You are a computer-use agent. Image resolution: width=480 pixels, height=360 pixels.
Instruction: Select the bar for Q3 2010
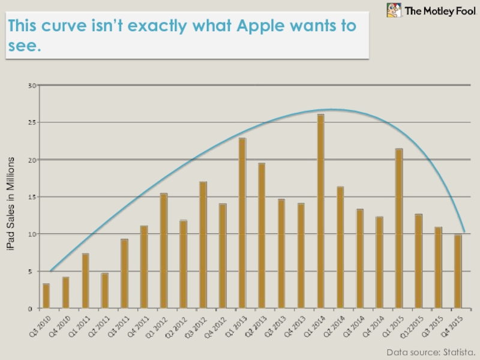[46, 296]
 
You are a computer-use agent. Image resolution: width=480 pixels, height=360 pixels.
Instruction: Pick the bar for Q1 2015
[399, 229]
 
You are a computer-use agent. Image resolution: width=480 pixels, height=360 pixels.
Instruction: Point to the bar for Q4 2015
[458, 271]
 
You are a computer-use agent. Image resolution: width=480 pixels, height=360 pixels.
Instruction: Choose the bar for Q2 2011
[105, 291]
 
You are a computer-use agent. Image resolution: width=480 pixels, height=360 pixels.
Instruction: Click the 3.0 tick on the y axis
[32, 86]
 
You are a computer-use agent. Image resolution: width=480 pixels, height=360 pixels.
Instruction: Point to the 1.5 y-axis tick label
[32, 197]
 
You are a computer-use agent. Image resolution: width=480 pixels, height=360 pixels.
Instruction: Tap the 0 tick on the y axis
[35, 308]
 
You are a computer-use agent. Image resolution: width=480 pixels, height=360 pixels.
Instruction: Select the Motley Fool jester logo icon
[394, 10]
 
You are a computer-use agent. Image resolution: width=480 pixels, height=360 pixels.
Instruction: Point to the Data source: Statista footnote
[431, 352]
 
